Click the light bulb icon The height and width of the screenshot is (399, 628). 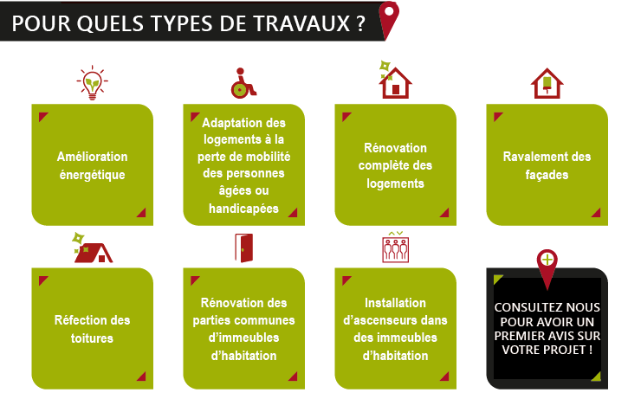pyautogui.click(x=92, y=82)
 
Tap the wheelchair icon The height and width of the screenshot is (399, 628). pyautogui.click(x=243, y=83)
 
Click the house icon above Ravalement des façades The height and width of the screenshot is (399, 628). pyautogui.click(x=547, y=83)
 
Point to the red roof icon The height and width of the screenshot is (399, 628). pyautogui.click(x=92, y=248)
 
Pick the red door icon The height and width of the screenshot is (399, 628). pyautogui.click(x=244, y=248)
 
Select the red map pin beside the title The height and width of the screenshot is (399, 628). pyautogui.click(x=389, y=20)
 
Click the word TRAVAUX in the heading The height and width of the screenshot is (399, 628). pyautogui.click(x=301, y=23)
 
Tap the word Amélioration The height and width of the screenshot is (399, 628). pyautogui.click(x=92, y=157)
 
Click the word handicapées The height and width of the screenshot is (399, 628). pyautogui.click(x=243, y=209)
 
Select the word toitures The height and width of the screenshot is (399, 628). pyautogui.click(x=92, y=338)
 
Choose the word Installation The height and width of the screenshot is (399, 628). pyautogui.click(x=395, y=303)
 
